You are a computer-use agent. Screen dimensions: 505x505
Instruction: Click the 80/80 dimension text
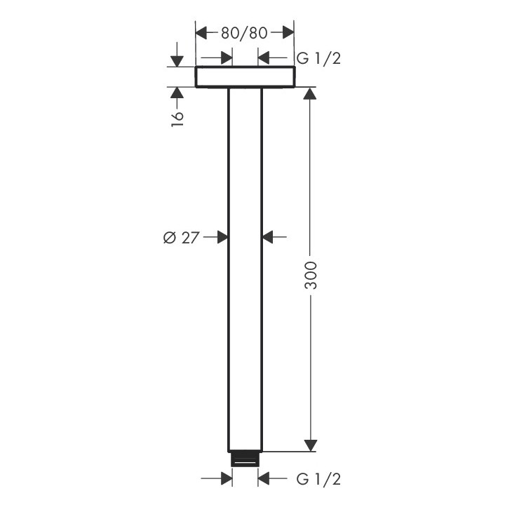click(244, 33)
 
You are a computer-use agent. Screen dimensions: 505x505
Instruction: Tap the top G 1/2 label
click(318, 59)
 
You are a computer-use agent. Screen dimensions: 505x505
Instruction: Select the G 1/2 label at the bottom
click(318, 479)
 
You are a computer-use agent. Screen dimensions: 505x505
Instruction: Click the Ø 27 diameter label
click(181, 238)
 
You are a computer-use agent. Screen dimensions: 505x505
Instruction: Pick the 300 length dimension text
click(311, 275)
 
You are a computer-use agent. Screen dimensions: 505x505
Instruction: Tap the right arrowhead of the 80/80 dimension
click(286, 33)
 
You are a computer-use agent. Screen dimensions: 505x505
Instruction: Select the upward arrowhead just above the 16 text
click(177, 93)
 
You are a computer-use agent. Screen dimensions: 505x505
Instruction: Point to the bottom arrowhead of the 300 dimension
click(311, 445)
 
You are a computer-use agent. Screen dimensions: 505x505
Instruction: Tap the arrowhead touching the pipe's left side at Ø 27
click(222, 238)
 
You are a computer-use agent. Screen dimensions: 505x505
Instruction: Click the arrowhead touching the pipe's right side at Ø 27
click(268, 238)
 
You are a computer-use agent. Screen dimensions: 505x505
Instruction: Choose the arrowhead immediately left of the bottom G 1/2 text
click(264, 479)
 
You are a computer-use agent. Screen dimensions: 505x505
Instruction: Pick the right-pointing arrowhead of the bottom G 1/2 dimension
click(226, 479)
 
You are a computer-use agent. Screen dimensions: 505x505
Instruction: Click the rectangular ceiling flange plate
click(244, 77)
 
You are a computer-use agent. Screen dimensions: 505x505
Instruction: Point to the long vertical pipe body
click(245, 281)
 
